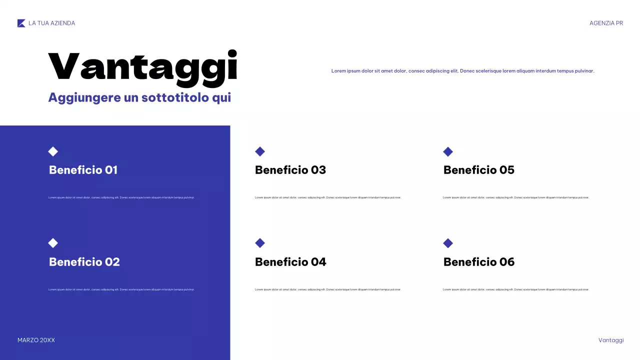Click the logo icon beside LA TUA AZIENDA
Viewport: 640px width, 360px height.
tap(21, 23)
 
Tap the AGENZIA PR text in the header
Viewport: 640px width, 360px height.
tap(606, 23)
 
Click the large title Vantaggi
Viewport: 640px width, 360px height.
tap(142, 67)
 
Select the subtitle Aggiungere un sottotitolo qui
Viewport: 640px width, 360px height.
tap(139, 97)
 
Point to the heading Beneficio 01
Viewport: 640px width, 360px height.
tap(83, 170)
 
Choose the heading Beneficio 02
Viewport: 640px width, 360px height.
tap(84, 262)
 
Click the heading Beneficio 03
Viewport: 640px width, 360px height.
tap(290, 170)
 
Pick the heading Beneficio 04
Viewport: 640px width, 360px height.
tap(290, 262)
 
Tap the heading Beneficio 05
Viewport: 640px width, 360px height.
tap(479, 170)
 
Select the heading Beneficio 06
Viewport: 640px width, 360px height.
tap(479, 262)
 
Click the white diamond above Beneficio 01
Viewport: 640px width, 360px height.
tap(53, 151)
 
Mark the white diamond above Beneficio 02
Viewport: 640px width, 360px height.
tap(53, 243)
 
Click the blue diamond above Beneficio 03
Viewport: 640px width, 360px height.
tap(260, 151)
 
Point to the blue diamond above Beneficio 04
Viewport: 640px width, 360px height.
tap(260, 243)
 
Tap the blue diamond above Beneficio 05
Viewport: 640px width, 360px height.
tap(448, 151)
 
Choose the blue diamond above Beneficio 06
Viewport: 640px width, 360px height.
tap(448, 243)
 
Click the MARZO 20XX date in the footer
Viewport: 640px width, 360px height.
tap(36, 340)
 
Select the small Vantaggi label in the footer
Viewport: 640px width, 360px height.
tap(611, 340)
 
